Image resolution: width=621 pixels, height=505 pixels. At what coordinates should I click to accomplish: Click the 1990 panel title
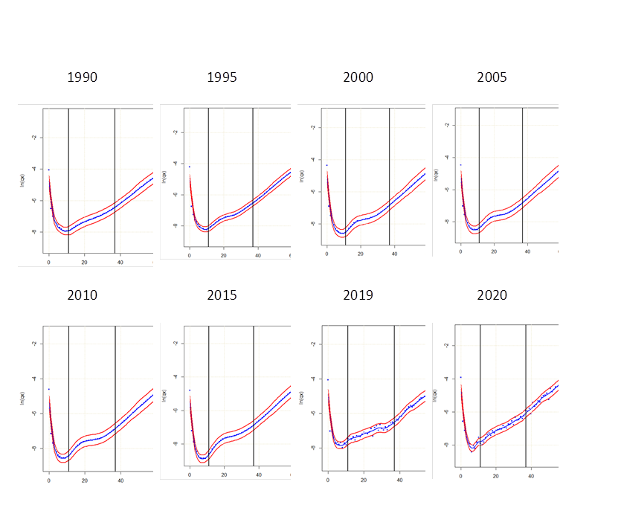(x=82, y=77)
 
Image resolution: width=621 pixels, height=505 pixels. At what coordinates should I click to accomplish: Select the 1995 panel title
(x=222, y=77)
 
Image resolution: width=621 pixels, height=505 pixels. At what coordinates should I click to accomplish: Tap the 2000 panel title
(x=358, y=77)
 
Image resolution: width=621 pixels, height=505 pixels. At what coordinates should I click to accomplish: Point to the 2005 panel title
(x=492, y=77)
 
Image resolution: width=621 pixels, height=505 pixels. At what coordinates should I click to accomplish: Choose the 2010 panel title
(x=82, y=295)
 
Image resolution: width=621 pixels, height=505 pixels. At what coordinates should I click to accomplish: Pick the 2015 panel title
(x=222, y=295)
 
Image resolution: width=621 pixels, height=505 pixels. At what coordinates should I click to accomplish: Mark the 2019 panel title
(x=358, y=295)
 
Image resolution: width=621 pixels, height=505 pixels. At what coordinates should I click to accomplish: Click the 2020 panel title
(x=492, y=295)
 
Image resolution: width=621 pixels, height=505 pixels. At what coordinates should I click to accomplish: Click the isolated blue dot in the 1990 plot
(x=49, y=170)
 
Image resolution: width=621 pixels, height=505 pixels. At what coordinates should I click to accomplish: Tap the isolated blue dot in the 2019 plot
(x=328, y=380)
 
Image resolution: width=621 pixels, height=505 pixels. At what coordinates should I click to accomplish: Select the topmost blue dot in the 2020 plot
(x=461, y=377)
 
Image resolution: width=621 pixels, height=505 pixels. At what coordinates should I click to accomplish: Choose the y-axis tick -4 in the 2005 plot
(x=445, y=158)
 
